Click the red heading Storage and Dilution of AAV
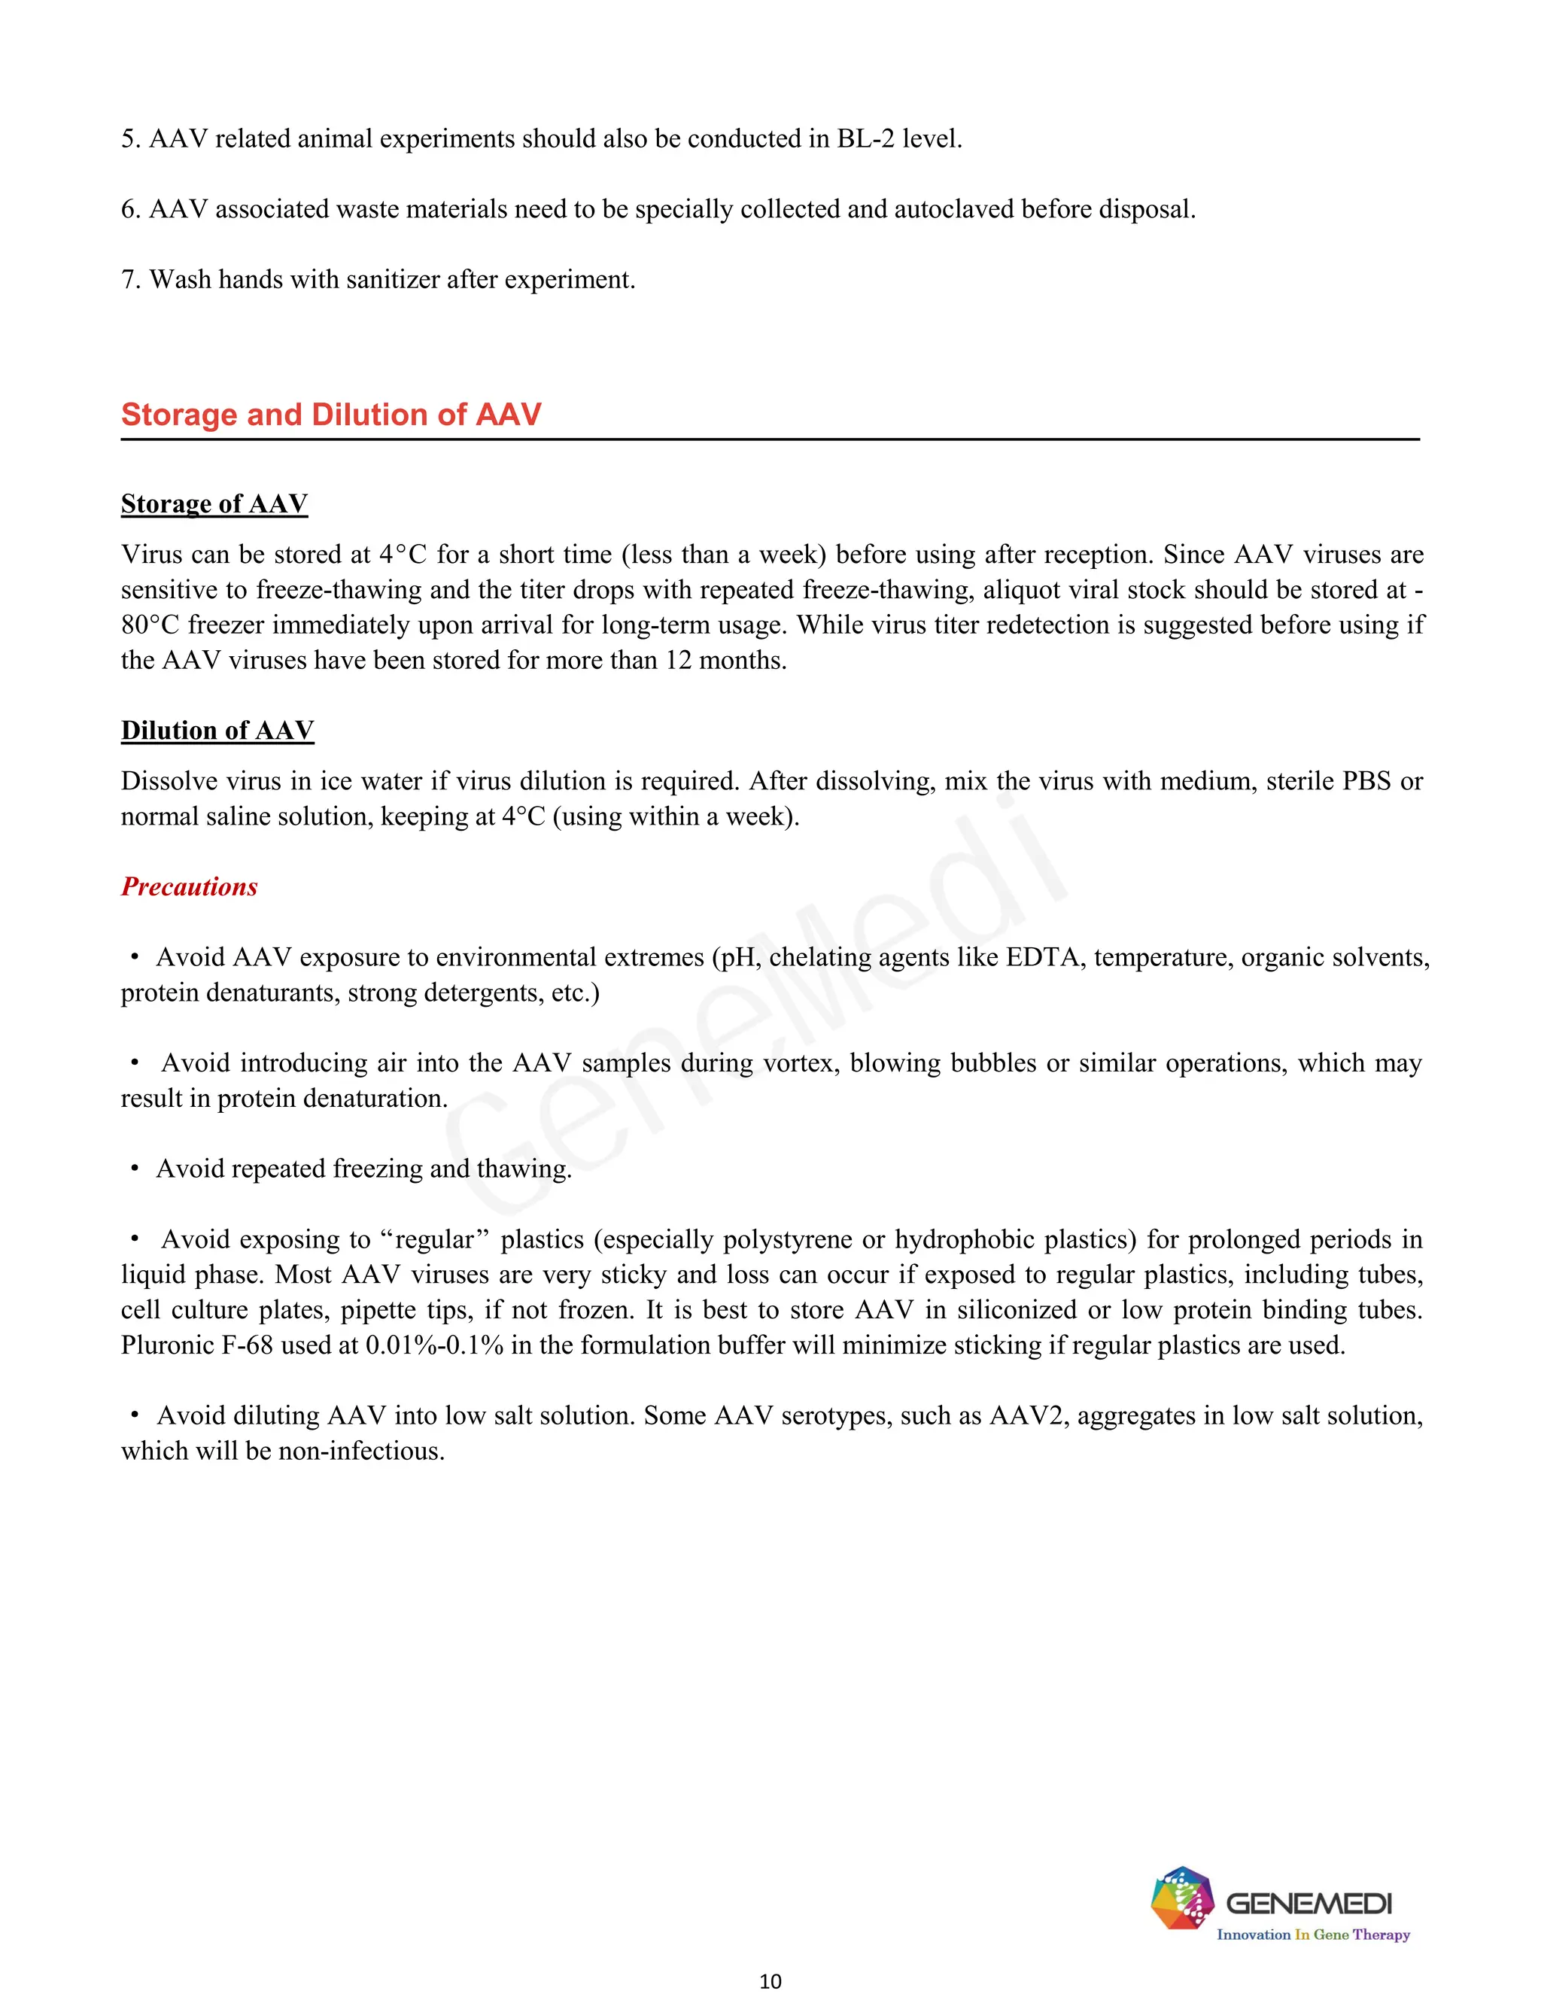point(330,415)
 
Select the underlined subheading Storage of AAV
point(214,504)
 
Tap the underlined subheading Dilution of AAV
point(217,731)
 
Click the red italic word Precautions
point(189,886)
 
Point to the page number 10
point(770,1980)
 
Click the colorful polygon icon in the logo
point(1181,1898)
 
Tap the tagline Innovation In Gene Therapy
point(1313,1935)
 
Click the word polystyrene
point(788,1239)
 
